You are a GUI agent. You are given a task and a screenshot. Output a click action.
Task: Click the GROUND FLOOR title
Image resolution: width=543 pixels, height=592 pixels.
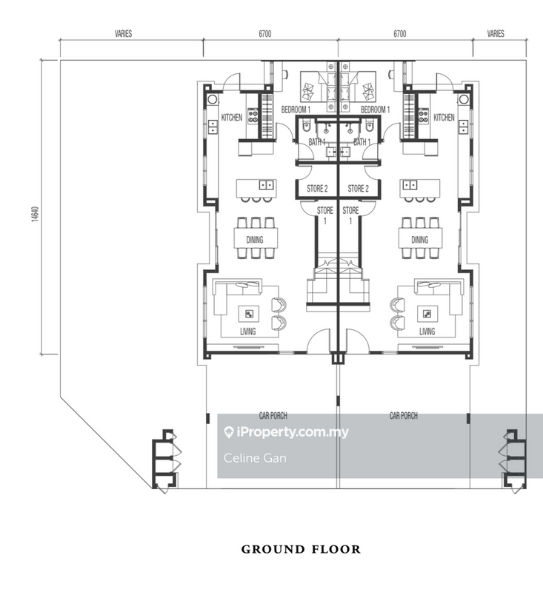[301, 549]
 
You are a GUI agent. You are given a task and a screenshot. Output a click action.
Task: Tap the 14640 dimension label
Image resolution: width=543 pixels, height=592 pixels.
[35, 214]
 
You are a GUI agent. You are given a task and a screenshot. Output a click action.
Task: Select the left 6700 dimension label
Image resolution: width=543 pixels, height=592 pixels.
[265, 33]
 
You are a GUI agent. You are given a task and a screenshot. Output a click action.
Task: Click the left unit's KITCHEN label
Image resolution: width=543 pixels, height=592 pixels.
[232, 118]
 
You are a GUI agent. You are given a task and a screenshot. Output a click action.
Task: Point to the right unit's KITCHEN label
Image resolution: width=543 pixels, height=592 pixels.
[444, 118]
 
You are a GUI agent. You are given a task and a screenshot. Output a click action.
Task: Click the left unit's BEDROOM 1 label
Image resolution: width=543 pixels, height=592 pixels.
[296, 110]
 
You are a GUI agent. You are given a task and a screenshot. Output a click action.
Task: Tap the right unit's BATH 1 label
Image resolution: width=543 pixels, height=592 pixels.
[362, 142]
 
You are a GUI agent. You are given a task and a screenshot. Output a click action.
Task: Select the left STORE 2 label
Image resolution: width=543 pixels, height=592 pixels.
[317, 189]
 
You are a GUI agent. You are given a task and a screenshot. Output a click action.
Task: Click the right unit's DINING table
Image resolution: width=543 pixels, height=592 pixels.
[420, 238]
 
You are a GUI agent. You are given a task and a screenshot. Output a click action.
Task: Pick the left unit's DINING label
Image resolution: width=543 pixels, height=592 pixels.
[255, 240]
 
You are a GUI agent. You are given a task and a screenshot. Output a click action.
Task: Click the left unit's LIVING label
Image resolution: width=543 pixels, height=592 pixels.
[248, 332]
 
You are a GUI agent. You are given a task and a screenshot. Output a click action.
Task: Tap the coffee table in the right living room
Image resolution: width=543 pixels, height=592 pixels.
[427, 314]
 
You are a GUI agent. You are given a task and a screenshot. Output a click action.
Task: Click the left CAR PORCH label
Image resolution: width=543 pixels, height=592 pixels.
[273, 416]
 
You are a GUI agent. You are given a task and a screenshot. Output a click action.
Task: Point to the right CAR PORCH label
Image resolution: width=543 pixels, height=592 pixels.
[404, 416]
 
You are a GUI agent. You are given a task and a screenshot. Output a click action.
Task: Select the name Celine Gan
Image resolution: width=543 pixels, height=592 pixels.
[255, 458]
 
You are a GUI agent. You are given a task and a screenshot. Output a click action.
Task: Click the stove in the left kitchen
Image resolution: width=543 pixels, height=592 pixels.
[253, 115]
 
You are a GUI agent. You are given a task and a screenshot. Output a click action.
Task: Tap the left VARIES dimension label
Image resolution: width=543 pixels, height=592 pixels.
[124, 33]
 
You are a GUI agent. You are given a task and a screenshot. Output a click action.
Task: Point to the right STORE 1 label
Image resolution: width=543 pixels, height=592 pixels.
[350, 215]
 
